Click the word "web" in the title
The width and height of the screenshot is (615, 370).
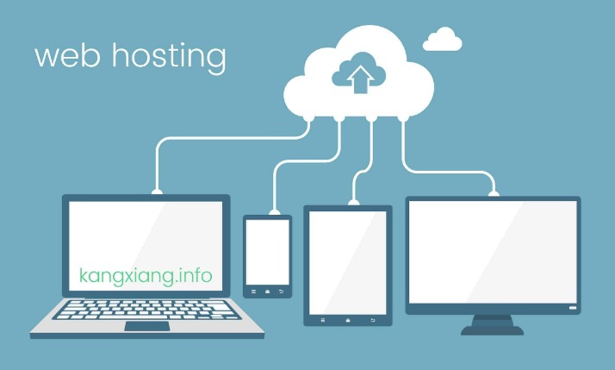(66, 56)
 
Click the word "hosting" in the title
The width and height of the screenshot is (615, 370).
(169, 58)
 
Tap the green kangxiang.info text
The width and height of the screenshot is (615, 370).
(146, 277)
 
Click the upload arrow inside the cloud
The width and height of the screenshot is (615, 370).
(360, 79)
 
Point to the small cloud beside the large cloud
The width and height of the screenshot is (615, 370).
(442, 39)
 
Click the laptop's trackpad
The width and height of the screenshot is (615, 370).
(147, 326)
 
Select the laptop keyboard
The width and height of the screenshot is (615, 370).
(146, 310)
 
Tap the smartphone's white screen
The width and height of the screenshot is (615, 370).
(268, 252)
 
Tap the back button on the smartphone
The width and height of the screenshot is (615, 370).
(281, 292)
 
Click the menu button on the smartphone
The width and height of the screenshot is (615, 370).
(253, 292)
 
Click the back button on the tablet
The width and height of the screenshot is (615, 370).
(373, 321)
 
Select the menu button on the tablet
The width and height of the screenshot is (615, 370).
(323, 321)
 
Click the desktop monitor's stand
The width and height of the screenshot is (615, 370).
(492, 325)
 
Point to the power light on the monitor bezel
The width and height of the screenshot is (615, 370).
(573, 308)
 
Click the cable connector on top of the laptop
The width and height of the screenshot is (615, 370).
(157, 191)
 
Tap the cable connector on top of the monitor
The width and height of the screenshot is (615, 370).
(494, 193)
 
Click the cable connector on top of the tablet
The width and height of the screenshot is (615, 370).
(353, 203)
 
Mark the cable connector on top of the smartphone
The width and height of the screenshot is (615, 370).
(274, 212)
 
